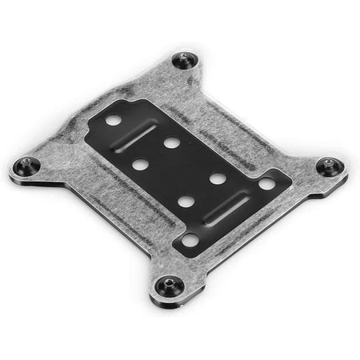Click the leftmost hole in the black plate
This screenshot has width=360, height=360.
pos(114,120)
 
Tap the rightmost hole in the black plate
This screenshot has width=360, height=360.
pos(266,184)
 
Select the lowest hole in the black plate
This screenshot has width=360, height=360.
pos(190,238)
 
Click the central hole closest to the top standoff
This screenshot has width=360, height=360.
pos(171,142)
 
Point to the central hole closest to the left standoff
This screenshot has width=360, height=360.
pos(140,165)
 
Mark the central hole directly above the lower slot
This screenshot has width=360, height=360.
pos(217,178)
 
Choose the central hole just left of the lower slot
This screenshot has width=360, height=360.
pos(185,201)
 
